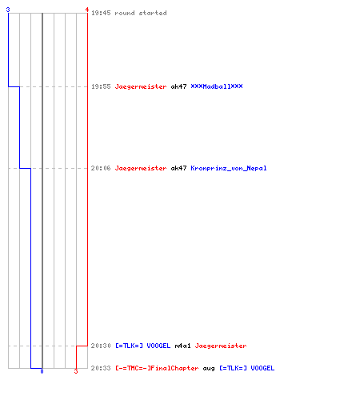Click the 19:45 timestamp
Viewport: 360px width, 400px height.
coord(101,13)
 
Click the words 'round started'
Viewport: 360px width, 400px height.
coord(141,13)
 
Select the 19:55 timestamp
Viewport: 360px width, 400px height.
coord(101,86)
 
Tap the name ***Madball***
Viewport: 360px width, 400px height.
coord(217,86)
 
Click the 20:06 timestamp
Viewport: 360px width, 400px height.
coord(101,168)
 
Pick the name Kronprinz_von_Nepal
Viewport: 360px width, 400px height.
coord(229,168)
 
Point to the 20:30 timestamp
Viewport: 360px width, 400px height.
coord(101,346)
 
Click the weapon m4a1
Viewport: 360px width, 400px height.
coord(182,346)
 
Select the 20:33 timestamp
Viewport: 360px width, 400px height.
coord(101,368)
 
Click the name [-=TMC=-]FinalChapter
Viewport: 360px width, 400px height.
coord(157,368)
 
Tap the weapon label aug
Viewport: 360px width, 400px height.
coord(209,369)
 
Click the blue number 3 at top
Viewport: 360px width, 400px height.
coord(8,10)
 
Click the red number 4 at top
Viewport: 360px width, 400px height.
coord(87,10)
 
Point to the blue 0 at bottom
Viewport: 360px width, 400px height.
coord(42,371)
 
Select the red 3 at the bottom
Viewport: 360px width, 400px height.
coord(76,371)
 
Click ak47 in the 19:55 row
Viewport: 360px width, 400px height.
coord(178,86)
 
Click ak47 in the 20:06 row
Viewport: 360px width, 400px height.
coord(178,168)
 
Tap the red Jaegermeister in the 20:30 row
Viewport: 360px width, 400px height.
coord(221,346)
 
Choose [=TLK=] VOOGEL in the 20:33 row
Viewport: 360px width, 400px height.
coord(247,368)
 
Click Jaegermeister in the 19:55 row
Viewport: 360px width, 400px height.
coord(141,86)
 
